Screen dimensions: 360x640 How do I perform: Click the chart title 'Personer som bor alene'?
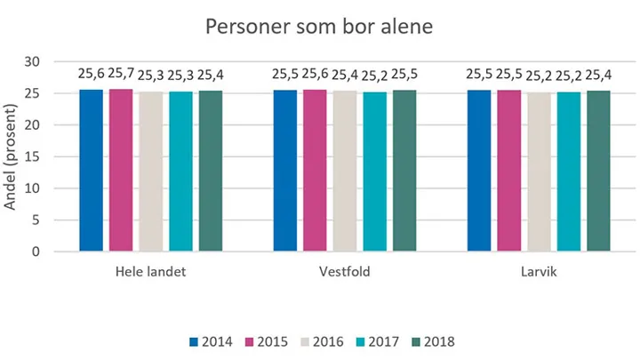pos(319,27)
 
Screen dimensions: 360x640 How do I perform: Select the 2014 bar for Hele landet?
pos(91,171)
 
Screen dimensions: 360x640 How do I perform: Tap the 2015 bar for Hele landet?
pos(121,171)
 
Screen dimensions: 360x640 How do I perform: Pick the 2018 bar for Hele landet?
pos(211,171)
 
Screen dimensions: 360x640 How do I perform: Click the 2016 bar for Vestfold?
pos(344,171)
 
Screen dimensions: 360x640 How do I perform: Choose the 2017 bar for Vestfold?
pos(374,171)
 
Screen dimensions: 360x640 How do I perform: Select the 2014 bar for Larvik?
pos(478,171)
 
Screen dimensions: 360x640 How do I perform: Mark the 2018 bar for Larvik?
pos(598,171)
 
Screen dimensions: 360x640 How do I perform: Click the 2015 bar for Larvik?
pos(508,171)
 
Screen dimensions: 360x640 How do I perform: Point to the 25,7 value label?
pos(121,72)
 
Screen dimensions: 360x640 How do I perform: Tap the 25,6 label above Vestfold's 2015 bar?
pos(315,72)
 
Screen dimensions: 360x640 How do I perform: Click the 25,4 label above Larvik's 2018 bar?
pos(598,74)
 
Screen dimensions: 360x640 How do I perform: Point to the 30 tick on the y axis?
pos(33,61)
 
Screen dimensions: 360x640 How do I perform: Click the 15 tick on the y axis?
pos(33,156)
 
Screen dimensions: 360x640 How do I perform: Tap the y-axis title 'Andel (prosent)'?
pos(12,157)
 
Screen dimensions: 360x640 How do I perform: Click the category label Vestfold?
pos(344,272)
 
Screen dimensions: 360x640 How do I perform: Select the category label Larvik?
pos(539,272)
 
